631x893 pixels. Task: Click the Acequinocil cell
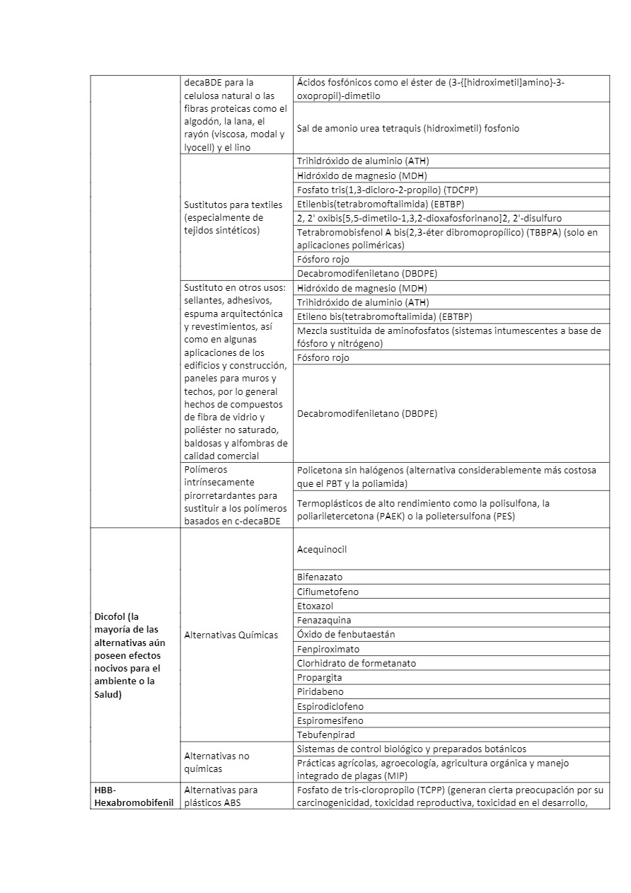click(x=322, y=549)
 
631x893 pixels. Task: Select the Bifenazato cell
click(x=320, y=577)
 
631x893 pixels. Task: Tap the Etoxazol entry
click(x=315, y=606)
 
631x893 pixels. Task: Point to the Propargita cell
click(x=319, y=677)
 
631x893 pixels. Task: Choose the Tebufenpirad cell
click(x=325, y=734)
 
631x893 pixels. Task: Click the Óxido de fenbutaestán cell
click(x=346, y=634)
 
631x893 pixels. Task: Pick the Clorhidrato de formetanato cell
click(x=357, y=663)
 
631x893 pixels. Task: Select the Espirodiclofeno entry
click(x=330, y=706)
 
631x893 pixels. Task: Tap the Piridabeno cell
click(x=320, y=691)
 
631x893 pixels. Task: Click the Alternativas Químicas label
click(x=231, y=635)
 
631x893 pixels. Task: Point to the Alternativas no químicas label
click(x=216, y=762)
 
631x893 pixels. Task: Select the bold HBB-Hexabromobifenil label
click(x=134, y=796)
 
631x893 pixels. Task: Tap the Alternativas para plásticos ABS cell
click(x=221, y=796)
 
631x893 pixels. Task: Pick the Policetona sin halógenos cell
click(x=446, y=476)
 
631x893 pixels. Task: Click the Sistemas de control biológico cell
click(x=411, y=749)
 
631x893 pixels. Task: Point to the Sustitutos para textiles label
click(x=224, y=217)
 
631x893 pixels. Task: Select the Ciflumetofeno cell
click(x=328, y=592)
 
